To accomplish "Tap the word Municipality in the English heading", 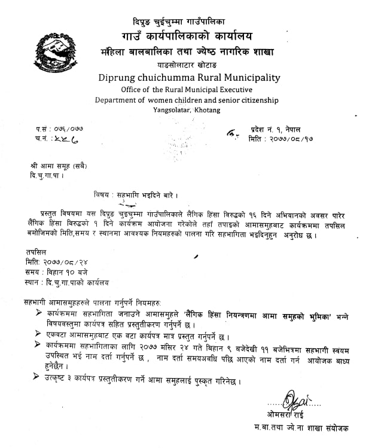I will click(253, 77).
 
